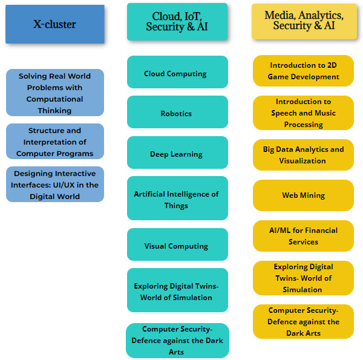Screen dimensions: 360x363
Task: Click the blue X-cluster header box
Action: pos(55,24)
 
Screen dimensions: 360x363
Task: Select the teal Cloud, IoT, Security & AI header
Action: pos(177,22)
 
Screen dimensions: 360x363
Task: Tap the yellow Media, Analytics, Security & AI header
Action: pos(304,21)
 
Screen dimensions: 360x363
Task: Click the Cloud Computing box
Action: pos(177,73)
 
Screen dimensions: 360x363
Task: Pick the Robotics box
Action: pos(177,113)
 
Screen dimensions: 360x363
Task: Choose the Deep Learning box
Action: pos(177,153)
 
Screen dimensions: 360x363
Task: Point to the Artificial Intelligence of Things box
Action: pos(177,198)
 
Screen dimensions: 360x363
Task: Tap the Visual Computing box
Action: pos(177,245)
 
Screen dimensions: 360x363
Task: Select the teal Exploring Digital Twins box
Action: pos(177,291)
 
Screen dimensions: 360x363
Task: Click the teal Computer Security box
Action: pos(177,340)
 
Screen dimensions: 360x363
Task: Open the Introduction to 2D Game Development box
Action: pos(303,71)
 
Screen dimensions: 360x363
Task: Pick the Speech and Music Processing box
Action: pos(303,113)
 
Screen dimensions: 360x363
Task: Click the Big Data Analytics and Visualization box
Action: pos(303,154)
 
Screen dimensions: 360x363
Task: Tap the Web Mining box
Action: pos(303,195)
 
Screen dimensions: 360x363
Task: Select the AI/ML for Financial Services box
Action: pos(303,235)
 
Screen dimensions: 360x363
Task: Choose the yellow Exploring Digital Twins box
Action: pos(303,278)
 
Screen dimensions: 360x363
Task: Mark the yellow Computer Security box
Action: pos(303,321)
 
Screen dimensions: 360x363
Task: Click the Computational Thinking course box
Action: pos(55,93)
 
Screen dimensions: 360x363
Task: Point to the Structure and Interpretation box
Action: pos(55,142)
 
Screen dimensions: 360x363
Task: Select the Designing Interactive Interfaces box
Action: pos(55,185)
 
